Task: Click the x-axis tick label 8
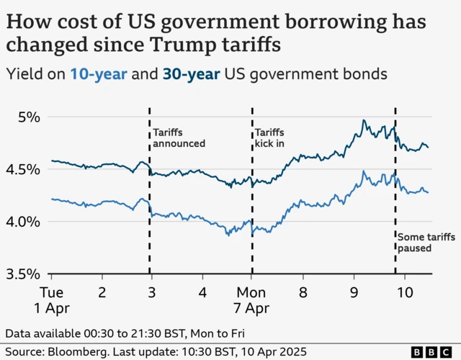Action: (303, 293)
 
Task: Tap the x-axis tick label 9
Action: (354, 293)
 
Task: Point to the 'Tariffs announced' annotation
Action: (179, 138)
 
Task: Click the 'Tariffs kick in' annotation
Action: (271, 138)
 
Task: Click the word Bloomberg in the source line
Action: (81, 351)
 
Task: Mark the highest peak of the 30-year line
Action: (364, 120)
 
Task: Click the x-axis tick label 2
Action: (102, 293)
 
